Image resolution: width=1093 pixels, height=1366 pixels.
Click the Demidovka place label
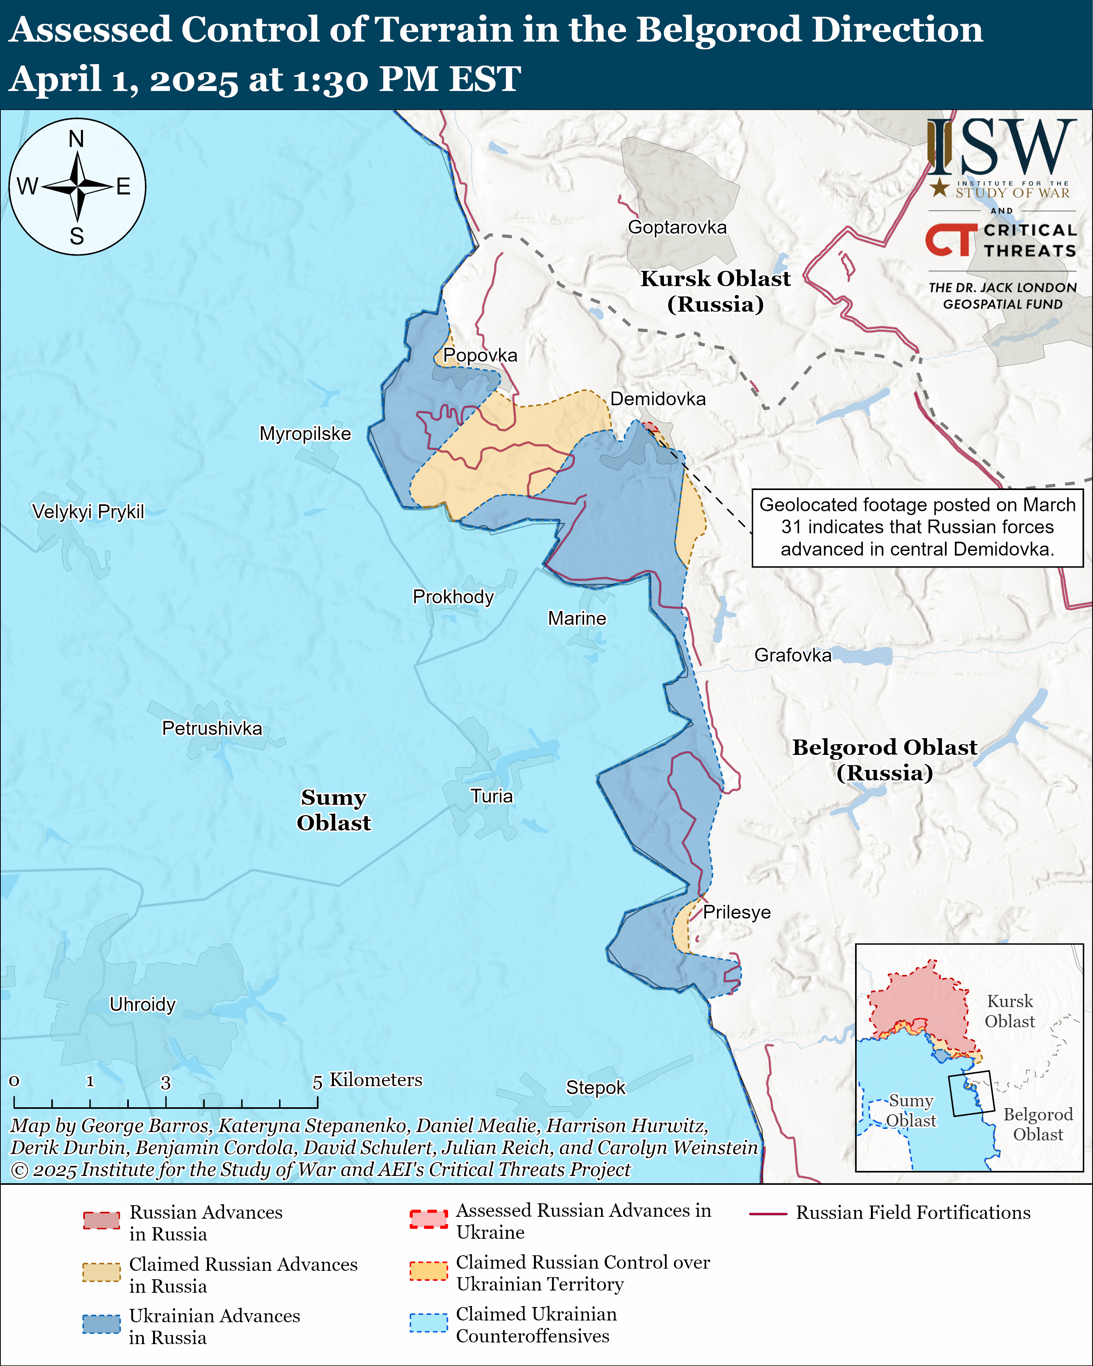point(658,399)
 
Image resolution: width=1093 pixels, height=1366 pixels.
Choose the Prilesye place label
point(737,912)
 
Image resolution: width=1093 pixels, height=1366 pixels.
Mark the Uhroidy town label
point(143,1004)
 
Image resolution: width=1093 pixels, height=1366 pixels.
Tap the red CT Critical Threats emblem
point(950,240)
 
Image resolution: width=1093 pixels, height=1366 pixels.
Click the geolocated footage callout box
point(917,527)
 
